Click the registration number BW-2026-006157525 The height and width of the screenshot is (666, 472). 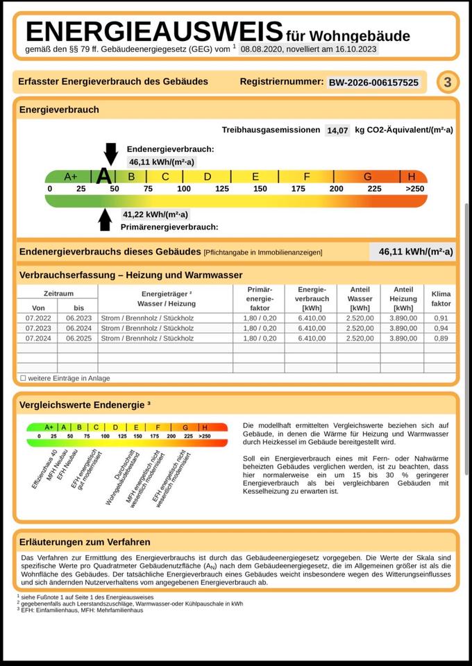[373, 83]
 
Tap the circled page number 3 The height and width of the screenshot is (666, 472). [448, 83]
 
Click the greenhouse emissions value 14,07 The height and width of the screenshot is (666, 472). [337, 130]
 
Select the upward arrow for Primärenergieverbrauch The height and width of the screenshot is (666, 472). [105, 219]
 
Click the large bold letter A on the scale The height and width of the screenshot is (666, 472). [104, 176]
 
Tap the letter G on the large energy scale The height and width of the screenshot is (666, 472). [367, 177]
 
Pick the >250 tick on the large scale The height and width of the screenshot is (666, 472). [414, 189]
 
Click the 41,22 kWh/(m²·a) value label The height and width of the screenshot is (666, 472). [155, 214]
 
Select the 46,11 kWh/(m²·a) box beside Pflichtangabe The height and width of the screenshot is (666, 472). [415, 252]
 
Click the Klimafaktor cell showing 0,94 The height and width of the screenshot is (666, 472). [441, 328]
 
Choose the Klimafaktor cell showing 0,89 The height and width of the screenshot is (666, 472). [441, 339]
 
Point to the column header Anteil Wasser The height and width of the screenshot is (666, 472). [360, 299]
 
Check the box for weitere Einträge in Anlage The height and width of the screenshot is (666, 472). [23, 378]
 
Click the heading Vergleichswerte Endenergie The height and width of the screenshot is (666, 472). [85, 403]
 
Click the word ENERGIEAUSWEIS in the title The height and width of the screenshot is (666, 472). [154, 32]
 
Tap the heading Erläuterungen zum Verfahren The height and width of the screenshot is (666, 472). [85, 542]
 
